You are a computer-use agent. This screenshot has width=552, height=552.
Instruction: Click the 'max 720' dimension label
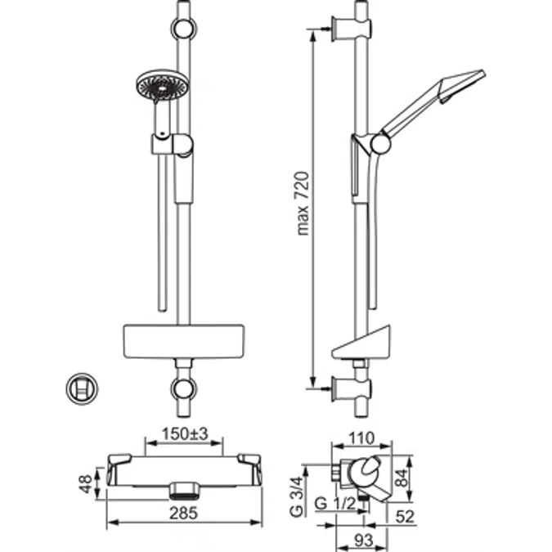click(x=303, y=203)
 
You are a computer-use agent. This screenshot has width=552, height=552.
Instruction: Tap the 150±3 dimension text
click(x=184, y=433)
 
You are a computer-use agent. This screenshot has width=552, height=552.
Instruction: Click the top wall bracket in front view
click(x=185, y=29)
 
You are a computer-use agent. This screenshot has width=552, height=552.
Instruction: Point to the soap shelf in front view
click(x=183, y=340)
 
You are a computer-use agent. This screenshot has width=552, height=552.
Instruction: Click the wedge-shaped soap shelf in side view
click(x=364, y=343)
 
